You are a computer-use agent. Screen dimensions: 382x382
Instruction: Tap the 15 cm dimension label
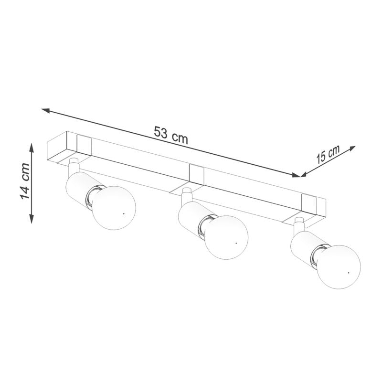(x=328, y=155)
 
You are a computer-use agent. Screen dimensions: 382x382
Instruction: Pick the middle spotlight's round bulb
(x=227, y=237)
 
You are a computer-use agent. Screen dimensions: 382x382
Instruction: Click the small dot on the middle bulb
(x=236, y=243)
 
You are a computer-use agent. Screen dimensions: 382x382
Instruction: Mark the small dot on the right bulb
(x=348, y=272)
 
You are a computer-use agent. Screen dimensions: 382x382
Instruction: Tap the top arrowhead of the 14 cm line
(x=32, y=147)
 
